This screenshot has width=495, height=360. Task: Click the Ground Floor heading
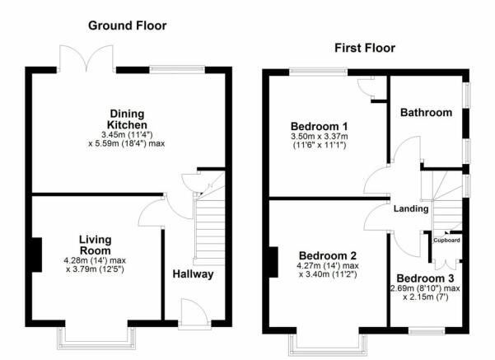click(127, 26)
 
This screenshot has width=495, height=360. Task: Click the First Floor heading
click(365, 48)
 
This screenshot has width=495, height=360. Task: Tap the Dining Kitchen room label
click(127, 119)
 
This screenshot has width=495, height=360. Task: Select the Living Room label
click(95, 245)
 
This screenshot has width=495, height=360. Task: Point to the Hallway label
click(193, 274)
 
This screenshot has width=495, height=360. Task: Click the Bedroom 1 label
click(319, 126)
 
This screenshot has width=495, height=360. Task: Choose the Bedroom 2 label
click(327, 255)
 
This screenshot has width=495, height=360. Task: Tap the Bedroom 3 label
click(425, 278)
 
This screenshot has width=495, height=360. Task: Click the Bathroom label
click(426, 112)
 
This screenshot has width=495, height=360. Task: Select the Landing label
click(411, 208)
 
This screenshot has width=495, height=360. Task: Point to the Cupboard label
click(446, 241)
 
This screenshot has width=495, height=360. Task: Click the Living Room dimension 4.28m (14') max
click(95, 260)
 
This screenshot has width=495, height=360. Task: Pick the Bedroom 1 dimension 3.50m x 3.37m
click(320, 137)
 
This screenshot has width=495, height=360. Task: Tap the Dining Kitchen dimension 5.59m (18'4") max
click(127, 143)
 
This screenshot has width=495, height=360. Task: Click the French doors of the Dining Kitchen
click(86, 59)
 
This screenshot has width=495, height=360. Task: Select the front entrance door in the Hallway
click(194, 314)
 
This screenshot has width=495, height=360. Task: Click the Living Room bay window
click(96, 339)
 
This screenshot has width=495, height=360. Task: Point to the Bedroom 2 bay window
click(328, 345)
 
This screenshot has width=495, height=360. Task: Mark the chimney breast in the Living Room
click(37, 255)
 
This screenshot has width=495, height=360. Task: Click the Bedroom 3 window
click(427, 331)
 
